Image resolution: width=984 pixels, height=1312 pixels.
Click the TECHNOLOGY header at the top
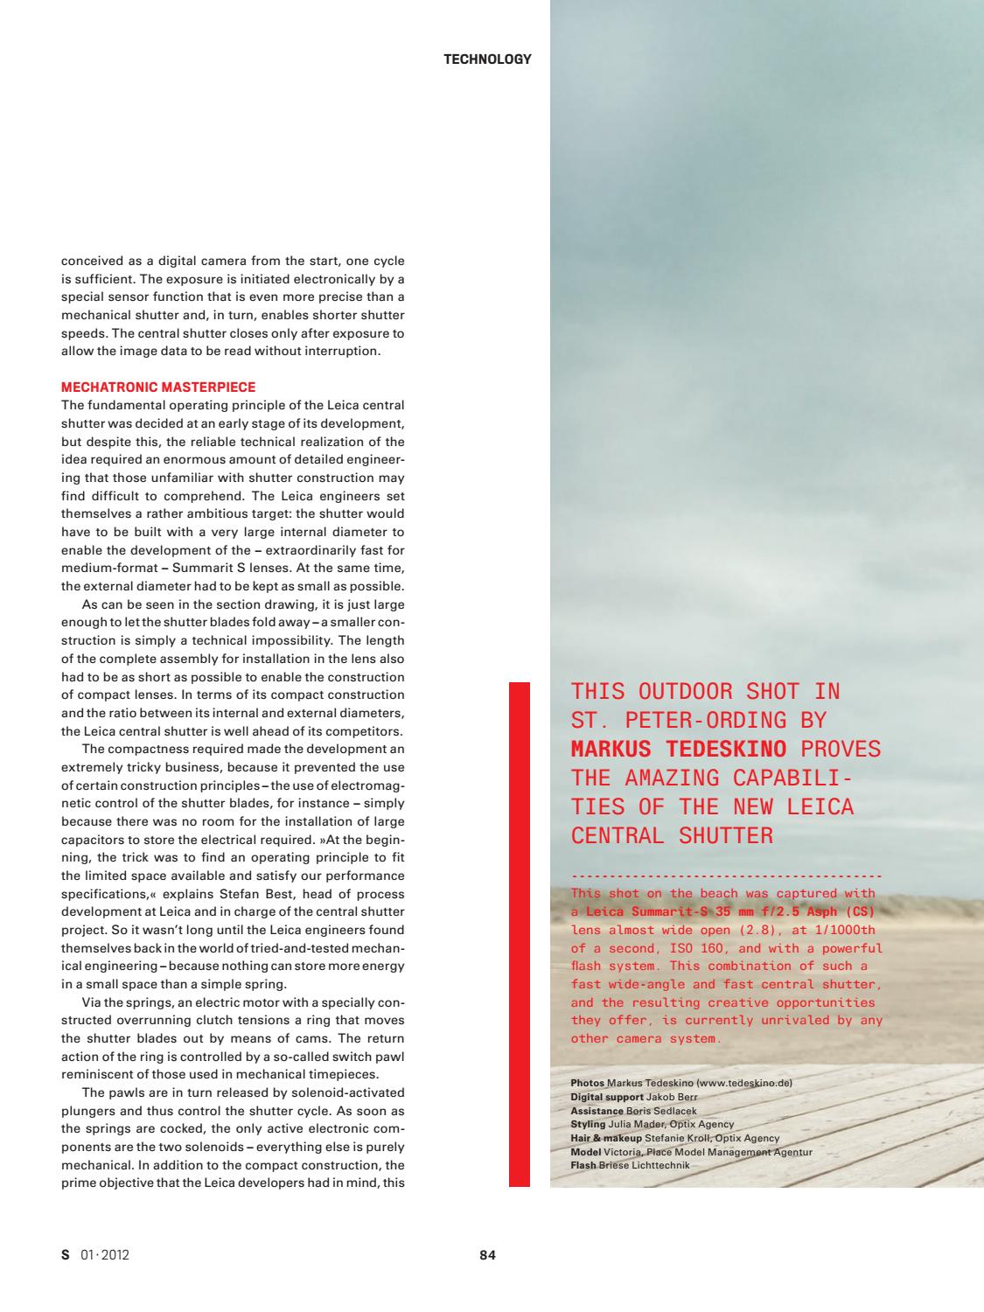click(487, 59)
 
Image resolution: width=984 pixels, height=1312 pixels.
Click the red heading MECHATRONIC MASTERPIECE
click(158, 387)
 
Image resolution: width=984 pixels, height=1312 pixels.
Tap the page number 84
click(488, 1255)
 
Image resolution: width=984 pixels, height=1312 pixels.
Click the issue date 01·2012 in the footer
click(105, 1255)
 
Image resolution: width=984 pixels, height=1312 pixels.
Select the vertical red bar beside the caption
click(520, 934)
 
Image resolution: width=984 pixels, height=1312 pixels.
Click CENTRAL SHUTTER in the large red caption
click(672, 835)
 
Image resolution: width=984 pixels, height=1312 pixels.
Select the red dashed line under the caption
click(726, 875)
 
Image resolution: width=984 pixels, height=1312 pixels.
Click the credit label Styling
click(588, 1125)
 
